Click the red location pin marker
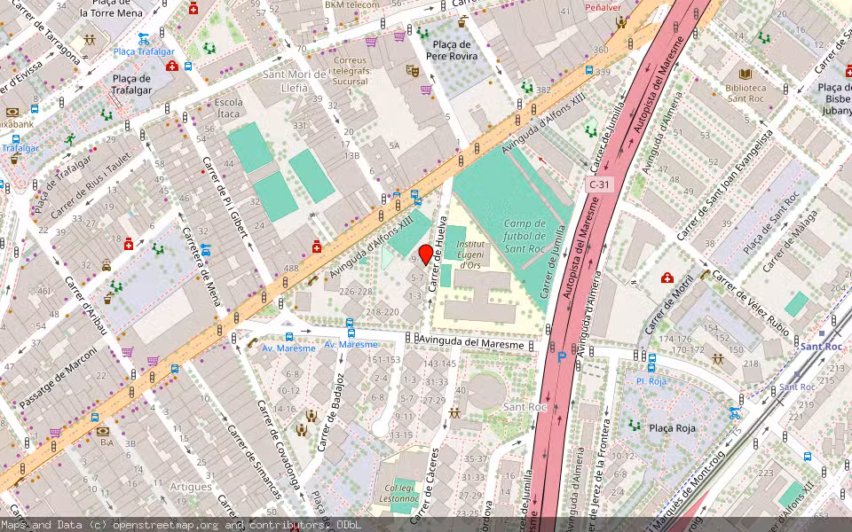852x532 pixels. coord(426,255)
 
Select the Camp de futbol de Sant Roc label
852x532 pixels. coord(525,235)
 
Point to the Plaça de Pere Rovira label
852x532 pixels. coord(450,51)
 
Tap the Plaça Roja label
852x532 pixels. coord(672,428)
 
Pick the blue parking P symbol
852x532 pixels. coord(560,357)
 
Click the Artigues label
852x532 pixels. coord(191,487)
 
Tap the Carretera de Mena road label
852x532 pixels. coord(201,266)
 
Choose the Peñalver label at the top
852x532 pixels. coord(603,6)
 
